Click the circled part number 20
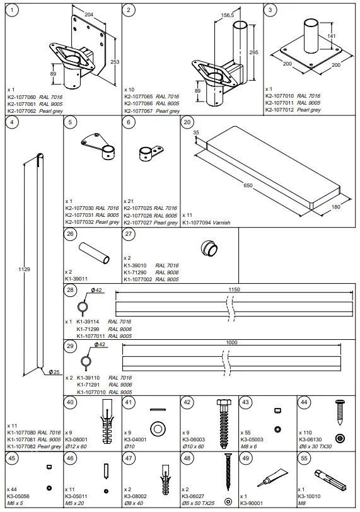point(187,122)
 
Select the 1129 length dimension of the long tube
point(25,269)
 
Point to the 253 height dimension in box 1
point(113,62)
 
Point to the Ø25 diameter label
point(55,372)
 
